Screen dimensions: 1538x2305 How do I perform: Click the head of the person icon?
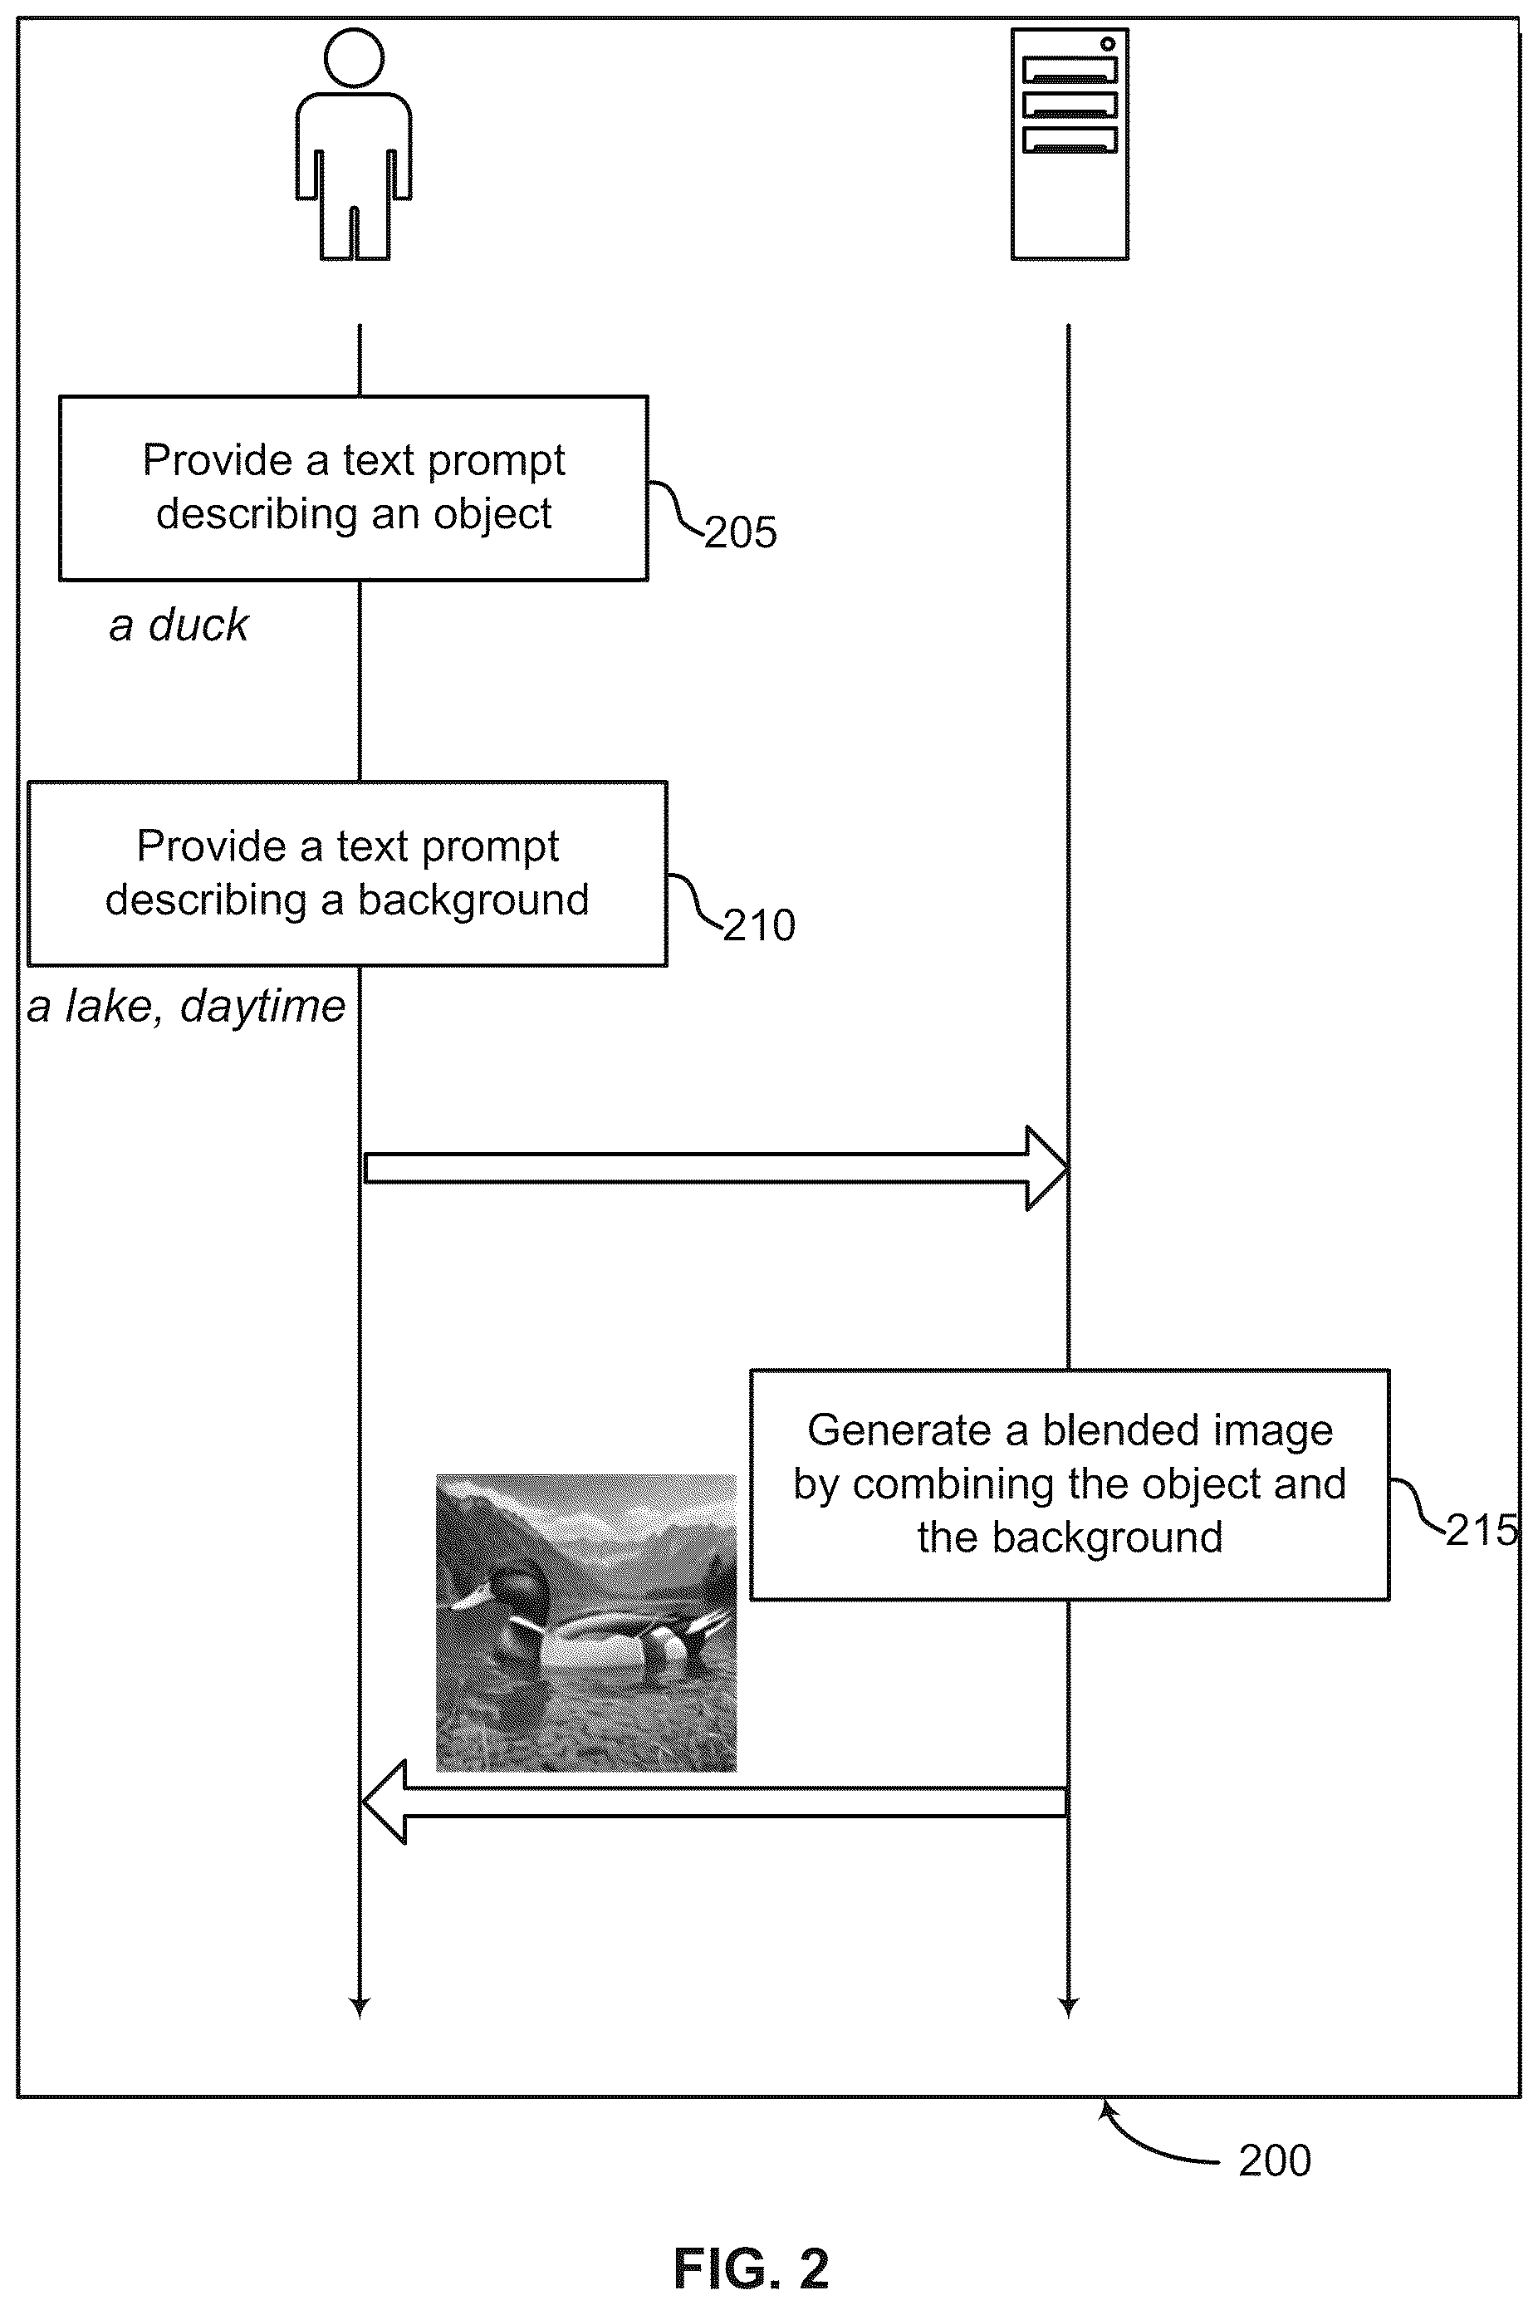[353, 58]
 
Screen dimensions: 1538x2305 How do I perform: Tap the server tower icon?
[1069, 145]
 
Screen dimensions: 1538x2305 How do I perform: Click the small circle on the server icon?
[1107, 44]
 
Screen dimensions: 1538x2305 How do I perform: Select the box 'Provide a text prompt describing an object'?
[354, 488]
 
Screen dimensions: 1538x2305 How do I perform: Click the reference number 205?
[741, 532]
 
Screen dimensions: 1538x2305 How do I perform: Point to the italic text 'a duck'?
[179, 625]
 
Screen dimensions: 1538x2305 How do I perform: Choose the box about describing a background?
[347, 873]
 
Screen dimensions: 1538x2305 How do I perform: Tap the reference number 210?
[759, 925]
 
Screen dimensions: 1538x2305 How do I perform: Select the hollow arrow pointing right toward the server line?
[715, 1168]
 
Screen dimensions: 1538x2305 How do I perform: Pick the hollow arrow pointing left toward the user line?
[714, 1802]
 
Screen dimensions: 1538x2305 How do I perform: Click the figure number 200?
[1274, 2160]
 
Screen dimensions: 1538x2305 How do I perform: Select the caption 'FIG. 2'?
[752, 2268]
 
